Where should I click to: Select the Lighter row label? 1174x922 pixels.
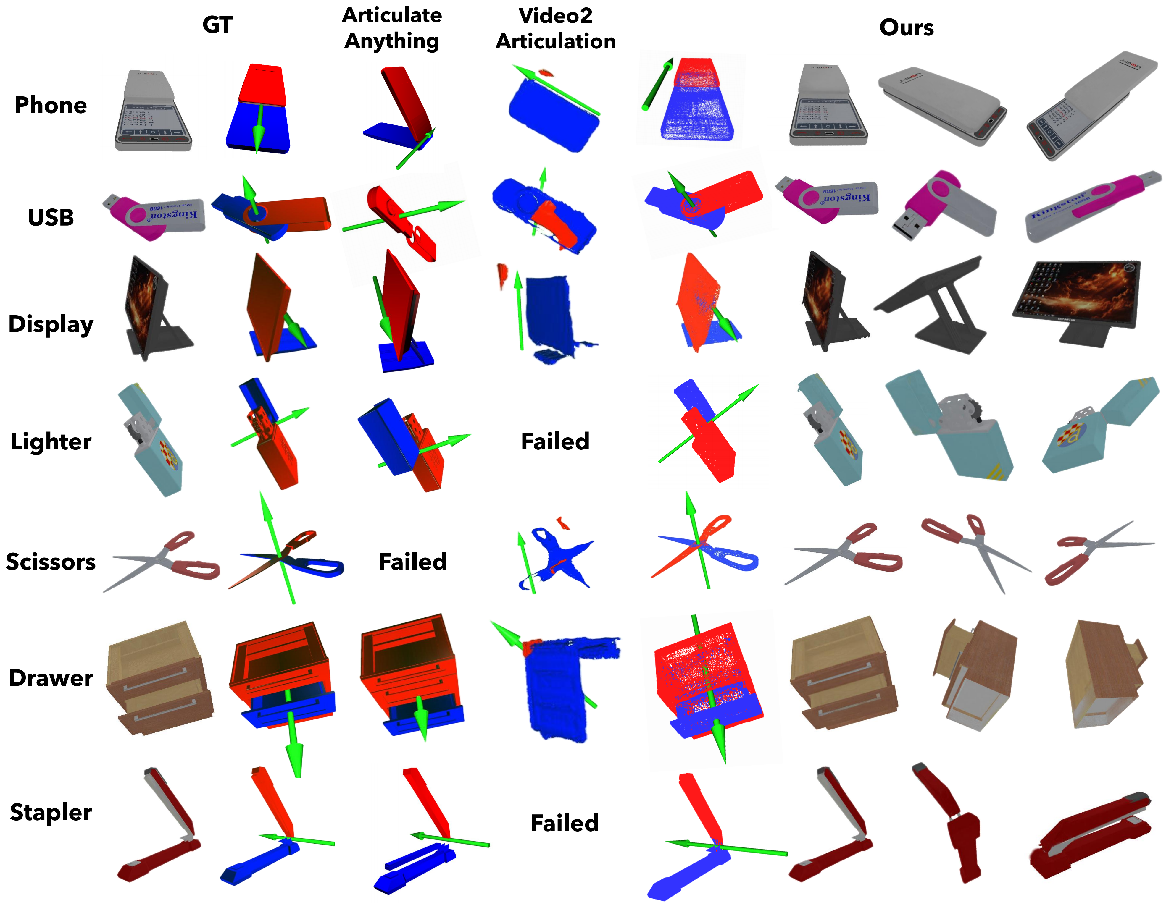(x=51, y=441)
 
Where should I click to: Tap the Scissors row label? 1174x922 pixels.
(x=51, y=562)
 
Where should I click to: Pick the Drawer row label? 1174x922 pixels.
(x=51, y=678)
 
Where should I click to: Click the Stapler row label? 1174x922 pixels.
(x=51, y=812)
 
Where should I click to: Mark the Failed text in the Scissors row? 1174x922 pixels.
(x=412, y=562)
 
